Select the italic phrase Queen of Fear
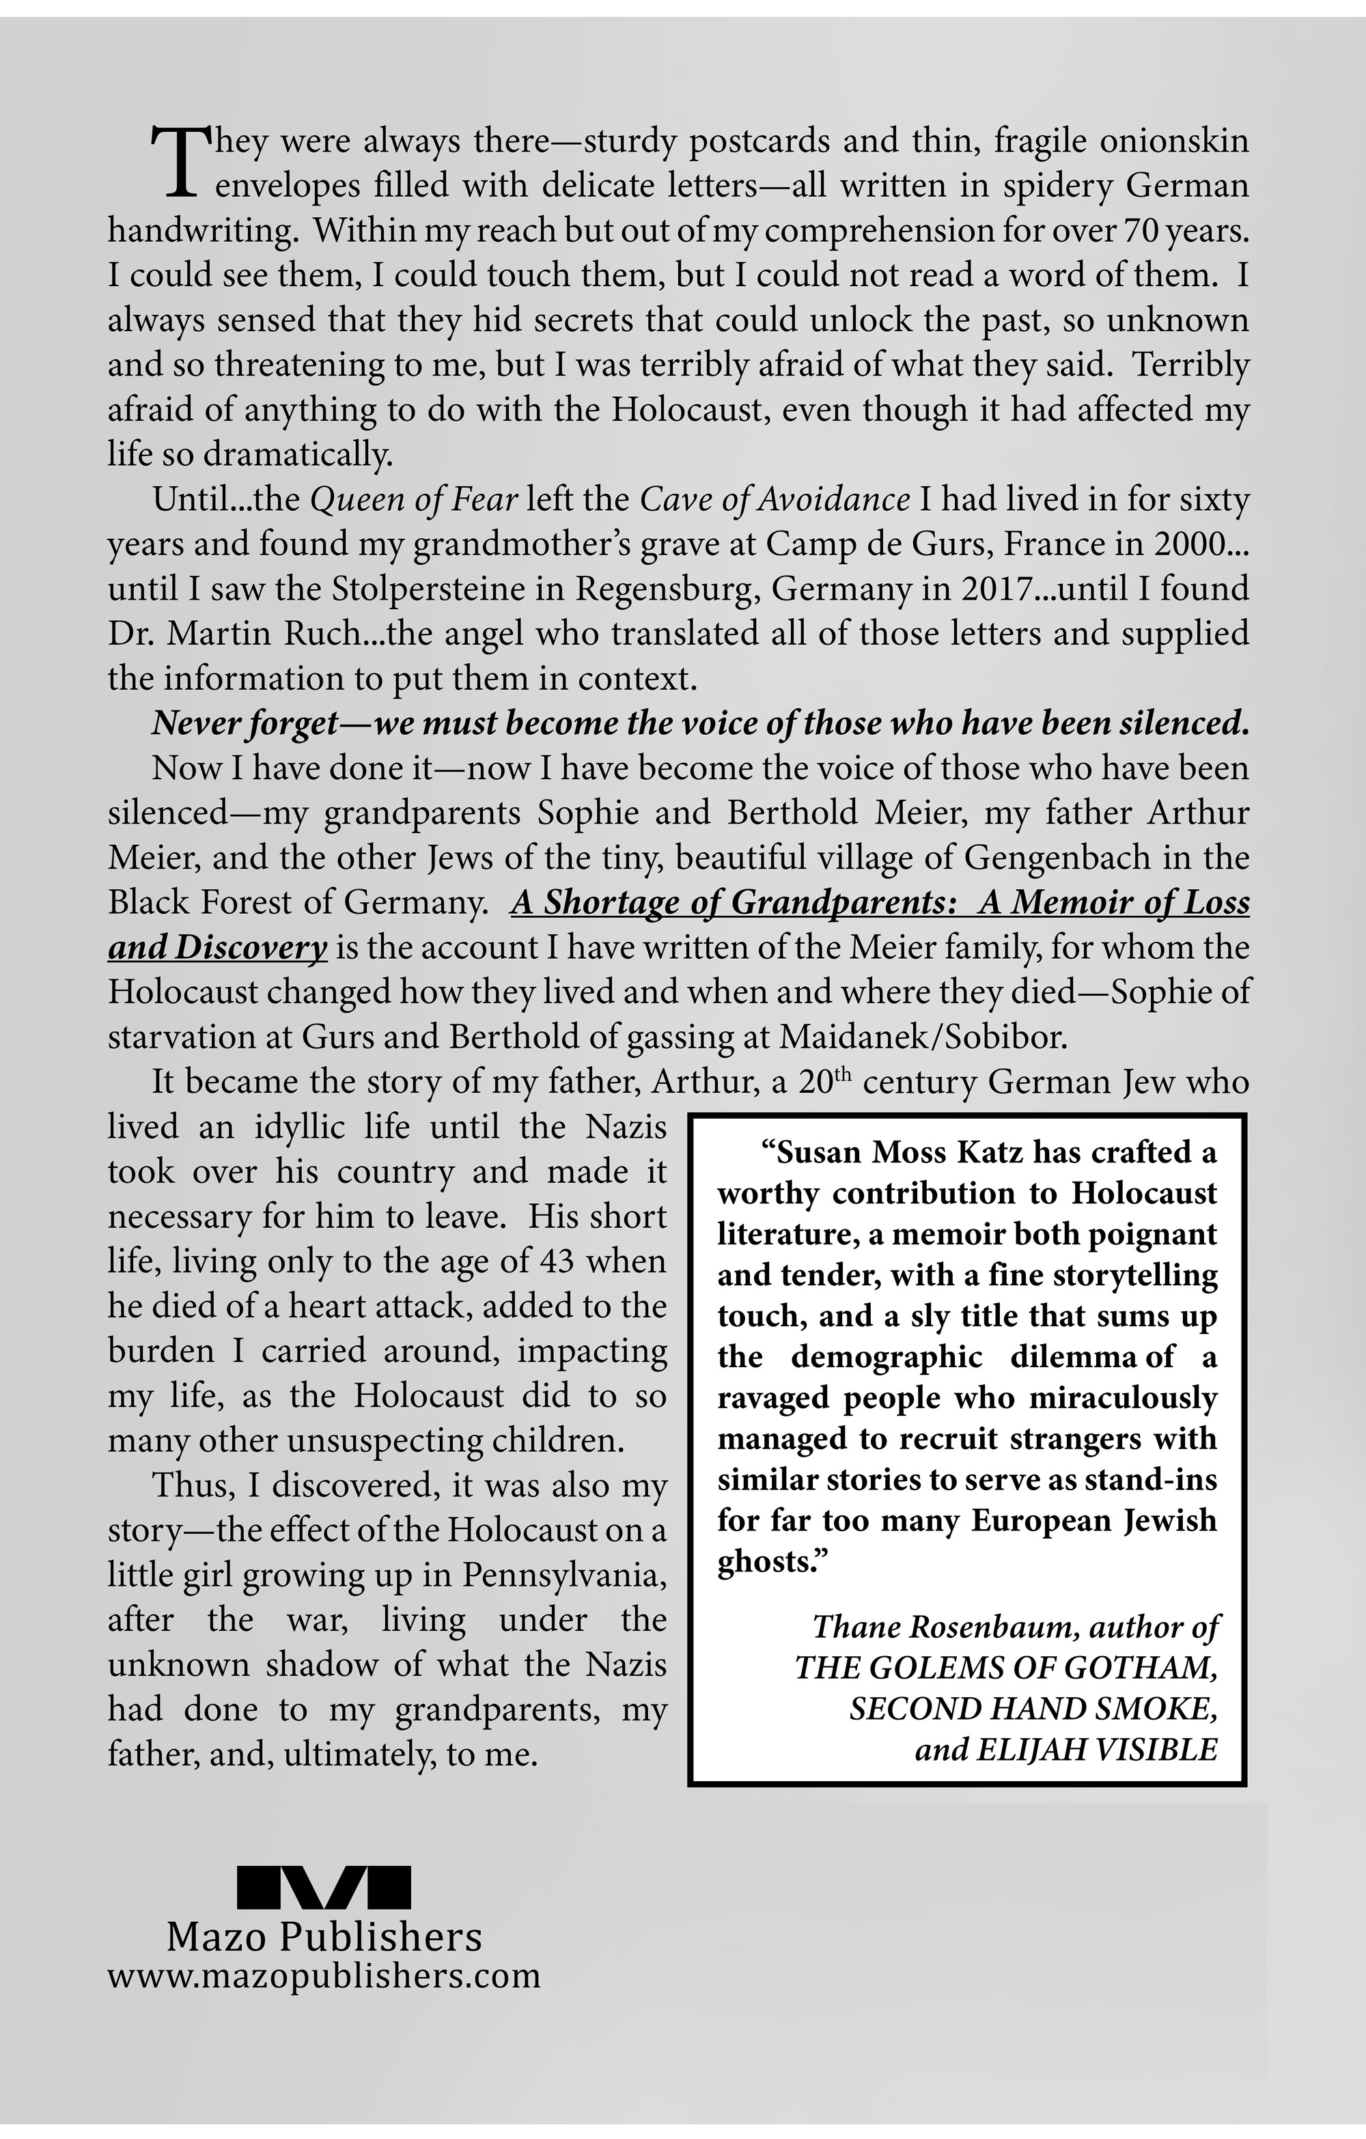[414, 500]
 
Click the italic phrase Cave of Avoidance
[775, 500]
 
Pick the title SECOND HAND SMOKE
[1031, 1708]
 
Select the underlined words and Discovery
[219, 948]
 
